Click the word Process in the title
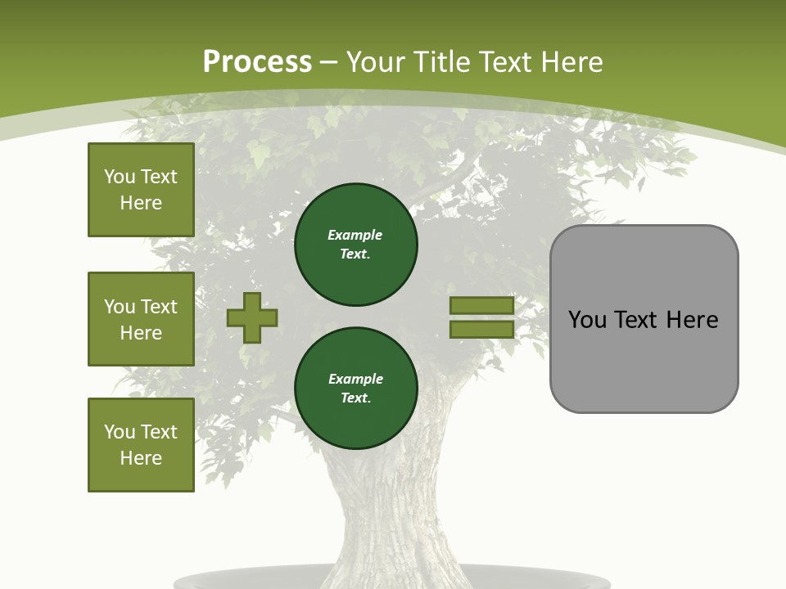click(257, 62)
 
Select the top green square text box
click(141, 190)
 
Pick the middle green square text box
click(141, 319)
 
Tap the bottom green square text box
click(141, 445)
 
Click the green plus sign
click(252, 317)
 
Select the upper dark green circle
click(355, 245)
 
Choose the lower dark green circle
click(355, 389)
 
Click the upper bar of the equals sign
click(481, 305)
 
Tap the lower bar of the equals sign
click(481, 329)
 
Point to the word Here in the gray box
click(692, 320)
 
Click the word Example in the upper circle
click(355, 235)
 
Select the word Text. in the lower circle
click(355, 398)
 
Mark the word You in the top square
click(120, 177)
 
